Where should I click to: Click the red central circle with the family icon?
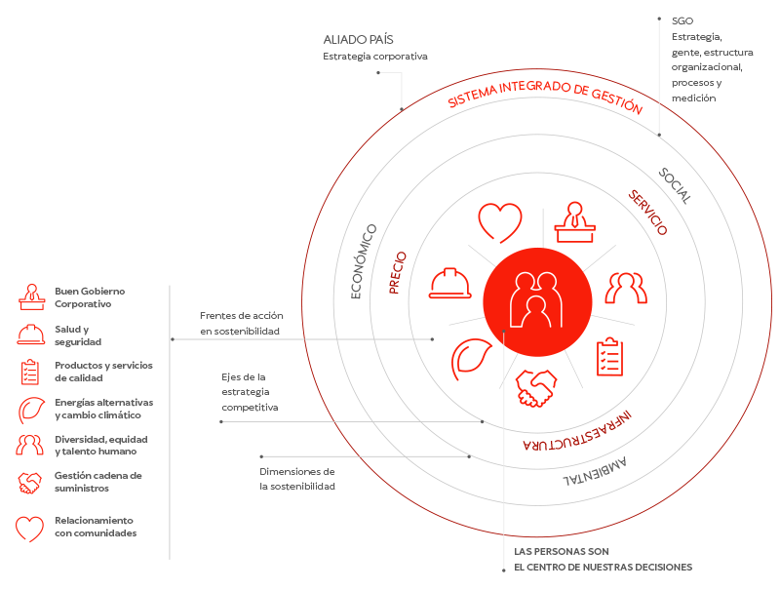(x=537, y=302)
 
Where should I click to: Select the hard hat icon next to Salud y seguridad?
(x=31, y=335)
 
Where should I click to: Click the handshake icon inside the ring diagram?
(x=535, y=388)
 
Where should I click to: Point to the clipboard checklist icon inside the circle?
(x=609, y=357)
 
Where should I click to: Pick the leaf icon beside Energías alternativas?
(x=31, y=410)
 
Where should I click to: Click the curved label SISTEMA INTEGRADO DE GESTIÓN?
(x=545, y=96)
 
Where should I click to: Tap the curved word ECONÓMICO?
(x=364, y=261)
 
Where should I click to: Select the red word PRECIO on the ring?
(x=398, y=273)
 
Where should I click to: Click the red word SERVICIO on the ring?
(x=647, y=212)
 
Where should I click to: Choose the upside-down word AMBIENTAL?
(x=595, y=472)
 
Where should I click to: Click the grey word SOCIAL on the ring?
(x=675, y=185)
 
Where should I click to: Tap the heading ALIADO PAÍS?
(x=358, y=40)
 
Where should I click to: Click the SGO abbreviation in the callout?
(x=682, y=20)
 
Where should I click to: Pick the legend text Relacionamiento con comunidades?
(x=96, y=527)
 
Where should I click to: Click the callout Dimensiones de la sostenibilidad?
(x=297, y=479)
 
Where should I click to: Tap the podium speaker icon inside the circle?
(x=575, y=222)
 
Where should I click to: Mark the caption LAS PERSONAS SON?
(x=562, y=551)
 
